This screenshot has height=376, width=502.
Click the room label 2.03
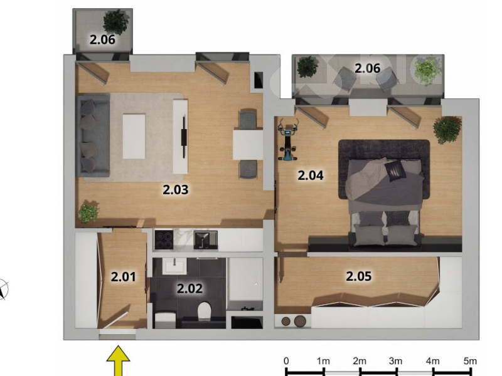pos(176,190)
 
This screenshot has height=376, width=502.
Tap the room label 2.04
pos(311,175)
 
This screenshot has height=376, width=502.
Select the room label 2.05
pos(358,276)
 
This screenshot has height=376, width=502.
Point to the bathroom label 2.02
pos(190,288)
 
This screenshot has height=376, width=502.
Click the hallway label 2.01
pos(123,276)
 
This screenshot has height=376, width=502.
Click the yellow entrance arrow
pos(118,360)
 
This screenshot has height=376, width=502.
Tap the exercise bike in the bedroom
pos(288,139)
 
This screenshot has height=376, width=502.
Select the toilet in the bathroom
pos(204,311)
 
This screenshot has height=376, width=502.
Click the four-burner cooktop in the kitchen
pos(164,239)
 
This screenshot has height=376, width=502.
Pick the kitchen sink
pos(206,240)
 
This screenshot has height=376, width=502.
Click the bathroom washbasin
pos(174,266)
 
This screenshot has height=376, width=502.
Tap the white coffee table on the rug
pos(134,137)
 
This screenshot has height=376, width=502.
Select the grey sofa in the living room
pos(93,136)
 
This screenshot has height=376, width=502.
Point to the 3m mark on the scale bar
pos(397,371)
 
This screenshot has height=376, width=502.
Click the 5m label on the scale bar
pos(470,361)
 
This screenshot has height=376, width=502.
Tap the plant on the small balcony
pos(116,21)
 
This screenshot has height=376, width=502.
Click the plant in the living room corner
pos(88,211)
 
